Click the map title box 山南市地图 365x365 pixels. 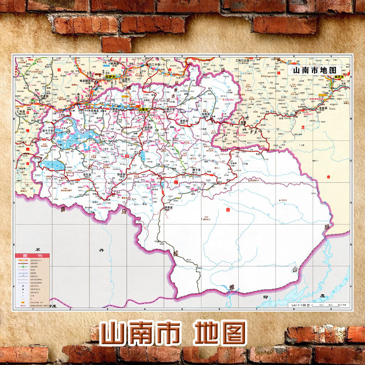(314, 70)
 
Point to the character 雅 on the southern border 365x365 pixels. (232, 287)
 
